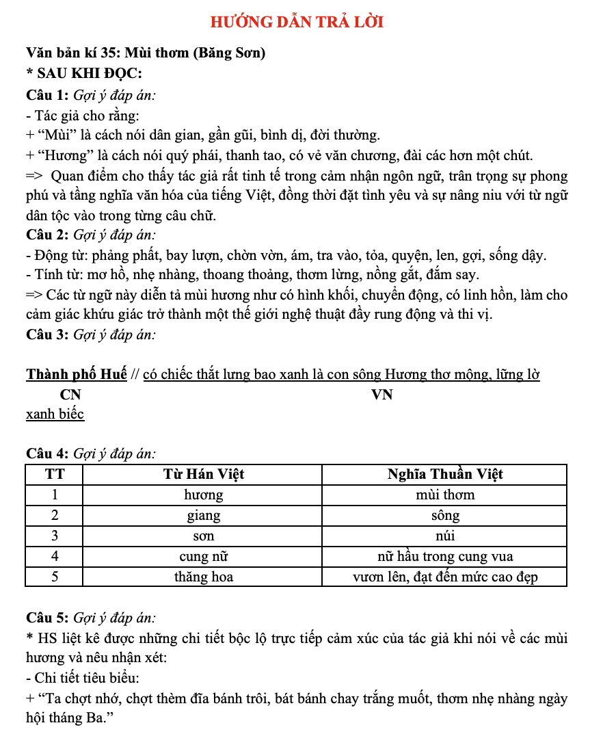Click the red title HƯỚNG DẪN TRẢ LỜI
point(297,22)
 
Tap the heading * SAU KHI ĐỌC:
point(84,74)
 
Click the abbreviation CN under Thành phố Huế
point(70,395)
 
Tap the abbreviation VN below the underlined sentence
point(381,395)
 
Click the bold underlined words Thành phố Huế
point(77,374)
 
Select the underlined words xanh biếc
point(55,415)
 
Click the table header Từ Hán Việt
point(203,474)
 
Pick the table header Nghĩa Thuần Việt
point(444,474)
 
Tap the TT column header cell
point(54,474)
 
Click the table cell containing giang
point(203,515)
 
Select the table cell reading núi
point(444,536)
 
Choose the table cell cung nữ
point(203,556)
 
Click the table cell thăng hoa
point(203,577)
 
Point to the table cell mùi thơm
point(444,495)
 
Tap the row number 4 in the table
point(54,556)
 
